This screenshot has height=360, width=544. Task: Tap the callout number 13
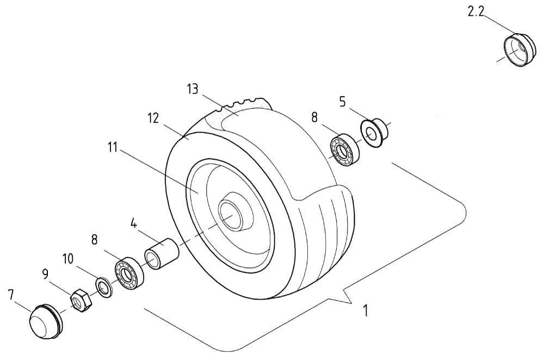[x=193, y=89]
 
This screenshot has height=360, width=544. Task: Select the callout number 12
[x=153, y=118]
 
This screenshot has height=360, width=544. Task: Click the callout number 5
[x=342, y=102]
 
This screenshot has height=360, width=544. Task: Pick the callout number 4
[x=134, y=224]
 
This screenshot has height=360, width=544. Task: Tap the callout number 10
[x=68, y=259]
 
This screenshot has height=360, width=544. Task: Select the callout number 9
[x=46, y=274]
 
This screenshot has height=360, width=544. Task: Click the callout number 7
[x=11, y=295]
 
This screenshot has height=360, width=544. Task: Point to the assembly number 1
[x=365, y=311]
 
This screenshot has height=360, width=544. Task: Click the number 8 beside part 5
[x=314, y=117]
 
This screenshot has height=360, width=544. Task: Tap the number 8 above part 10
[x=94, y=240]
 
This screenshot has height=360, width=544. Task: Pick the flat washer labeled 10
[x=104, y=287]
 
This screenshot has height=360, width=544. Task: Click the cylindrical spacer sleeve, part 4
[x=162, y=253]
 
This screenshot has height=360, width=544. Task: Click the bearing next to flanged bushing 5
[x=344, y=150]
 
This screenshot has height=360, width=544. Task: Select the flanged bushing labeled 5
[x=375, y=133]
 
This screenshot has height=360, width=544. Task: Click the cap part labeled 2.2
[x=519, y=50]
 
